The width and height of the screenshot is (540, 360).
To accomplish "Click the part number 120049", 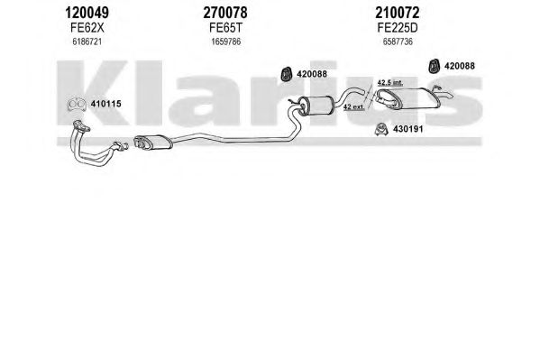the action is tap(87, 14).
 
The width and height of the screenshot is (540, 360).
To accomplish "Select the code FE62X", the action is tap(87, 28).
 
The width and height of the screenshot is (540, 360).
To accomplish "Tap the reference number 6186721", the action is tap(87, 42).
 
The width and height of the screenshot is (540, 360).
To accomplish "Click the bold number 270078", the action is tap(225, 14).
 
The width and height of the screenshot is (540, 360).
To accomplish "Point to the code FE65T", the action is tap(225, 28).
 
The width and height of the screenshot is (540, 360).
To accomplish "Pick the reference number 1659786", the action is tap(226, 42).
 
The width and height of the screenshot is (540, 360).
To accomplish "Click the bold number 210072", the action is tap(397, 14).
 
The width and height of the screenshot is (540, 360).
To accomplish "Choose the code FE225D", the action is tap(397, 28).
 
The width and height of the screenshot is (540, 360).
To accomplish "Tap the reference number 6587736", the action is tap(398, 42).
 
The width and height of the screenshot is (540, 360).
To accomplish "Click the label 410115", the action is tap(105, 104).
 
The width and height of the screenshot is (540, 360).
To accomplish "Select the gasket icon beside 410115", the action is tap(77, 105).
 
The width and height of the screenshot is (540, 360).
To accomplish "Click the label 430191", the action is tap(407, 129).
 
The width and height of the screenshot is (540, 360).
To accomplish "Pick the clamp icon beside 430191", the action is tap(381, 129).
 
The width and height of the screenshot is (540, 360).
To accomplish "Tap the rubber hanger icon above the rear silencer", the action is tap(434, 66).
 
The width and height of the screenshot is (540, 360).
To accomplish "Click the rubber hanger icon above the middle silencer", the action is tap(287, 74).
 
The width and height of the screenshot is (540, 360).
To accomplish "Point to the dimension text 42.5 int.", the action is tap(389, 83).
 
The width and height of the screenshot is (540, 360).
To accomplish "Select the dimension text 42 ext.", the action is tap(353, 106).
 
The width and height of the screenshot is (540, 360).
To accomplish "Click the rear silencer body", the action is tap(410, 98).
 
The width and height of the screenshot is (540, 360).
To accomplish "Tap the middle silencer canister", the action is tap(316, 105).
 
